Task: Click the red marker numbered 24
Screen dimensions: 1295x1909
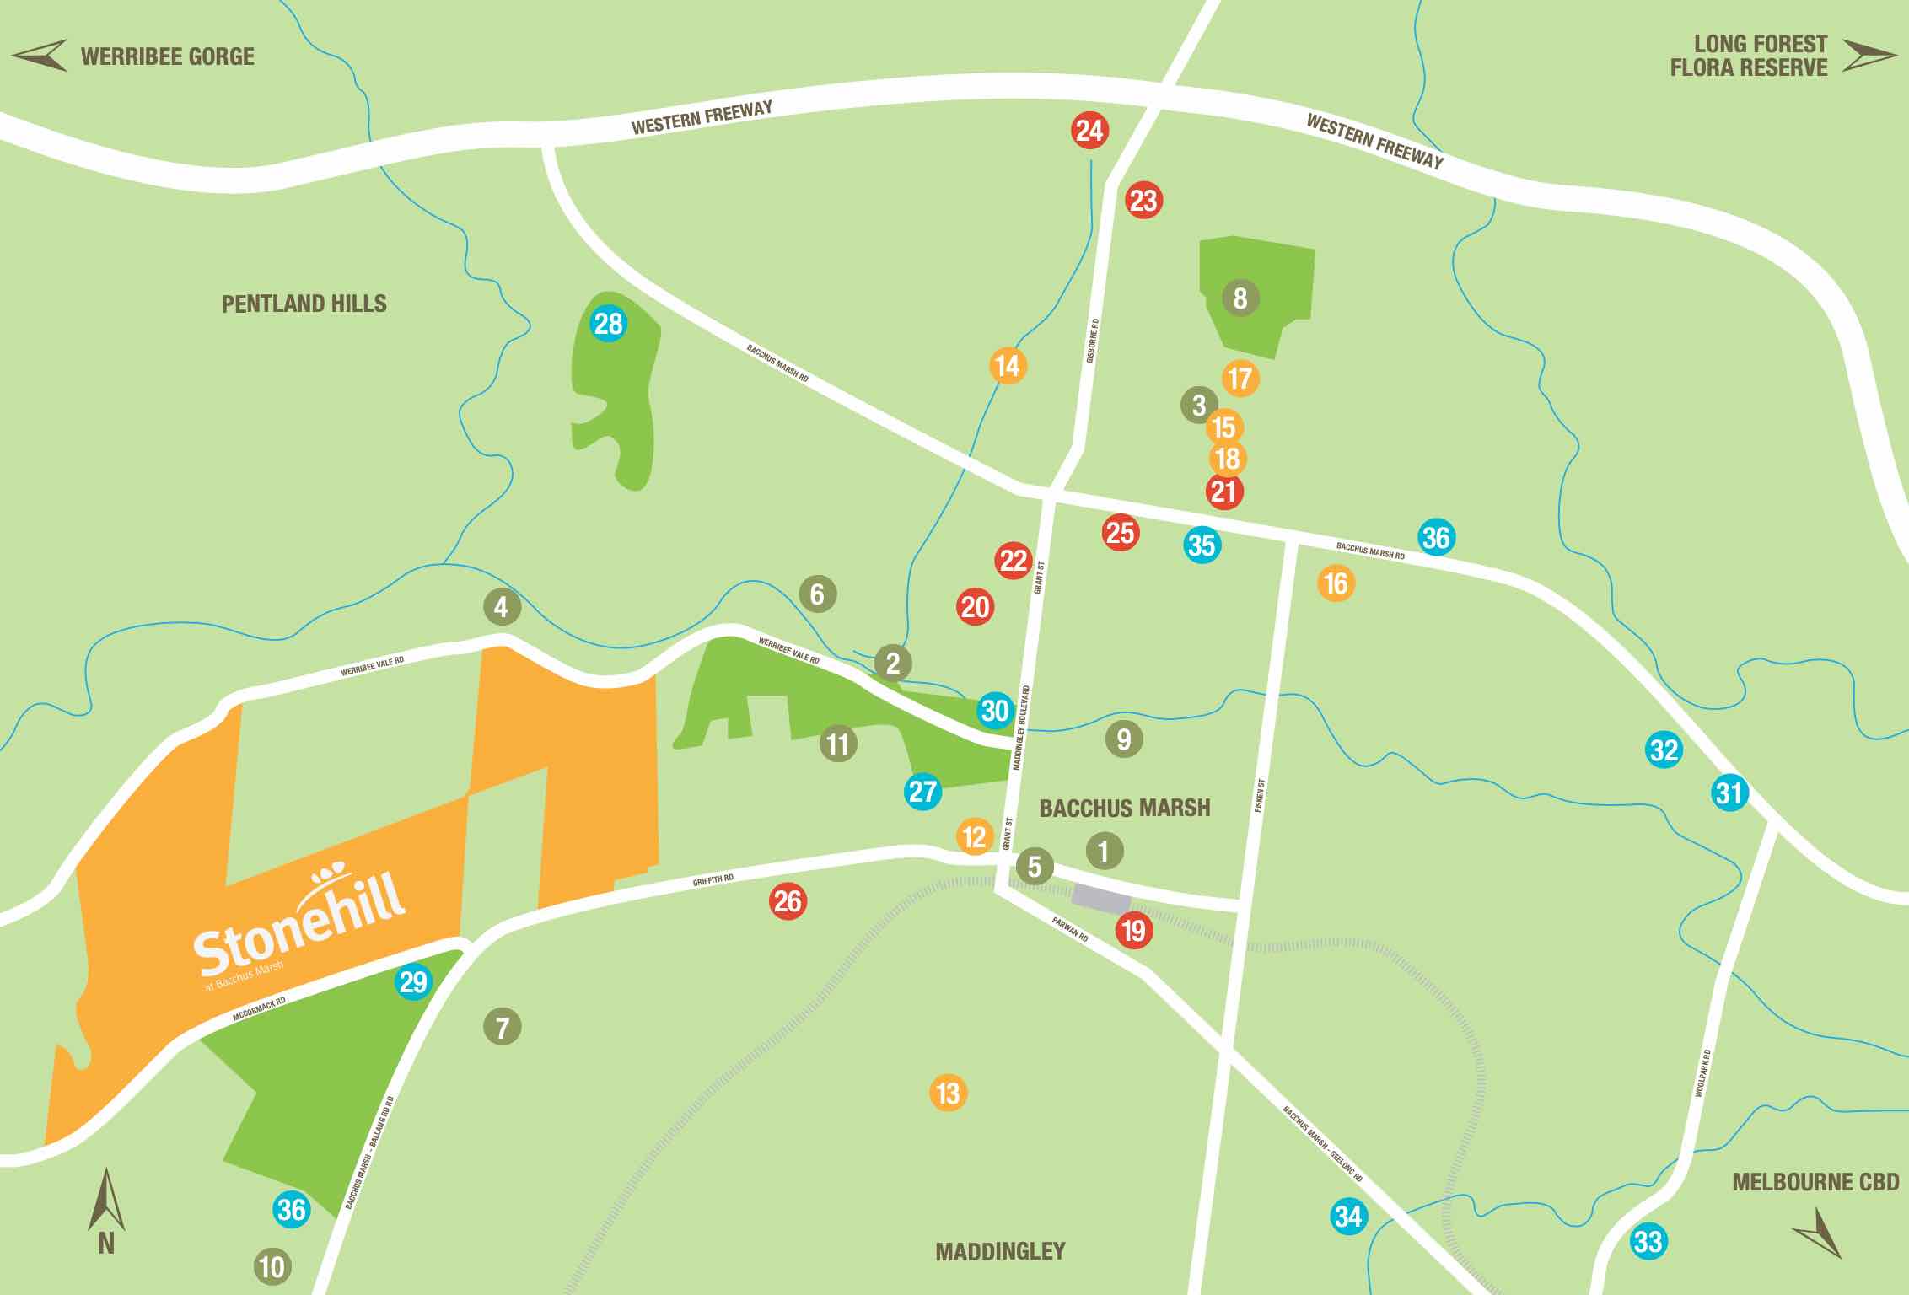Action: tap(1089, 131)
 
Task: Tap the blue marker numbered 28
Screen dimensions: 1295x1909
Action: tap(609, 324)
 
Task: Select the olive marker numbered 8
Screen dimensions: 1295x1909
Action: tap(1240, 298)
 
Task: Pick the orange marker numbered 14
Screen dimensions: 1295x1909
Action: tap(1008, 366)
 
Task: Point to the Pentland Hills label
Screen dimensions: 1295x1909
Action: tap(304, 304)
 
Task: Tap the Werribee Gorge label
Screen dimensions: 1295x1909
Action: tap(167, 56)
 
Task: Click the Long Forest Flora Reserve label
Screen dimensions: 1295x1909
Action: tap(1749, 56)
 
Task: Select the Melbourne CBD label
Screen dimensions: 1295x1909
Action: tap(1815, 1182)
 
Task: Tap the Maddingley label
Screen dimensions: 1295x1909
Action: tap(1000, 1251)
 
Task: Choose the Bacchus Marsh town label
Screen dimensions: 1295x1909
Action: tap(1124, 808)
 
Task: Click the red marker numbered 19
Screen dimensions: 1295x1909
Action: tap(1134, 931)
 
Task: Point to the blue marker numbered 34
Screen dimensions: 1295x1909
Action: tap(1348, 1217)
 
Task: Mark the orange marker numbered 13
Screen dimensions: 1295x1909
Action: tap(948, 1093)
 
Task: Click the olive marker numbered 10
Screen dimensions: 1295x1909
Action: tap(272, 1266)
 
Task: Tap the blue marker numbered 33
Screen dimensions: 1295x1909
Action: tap(1648, 1242)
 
